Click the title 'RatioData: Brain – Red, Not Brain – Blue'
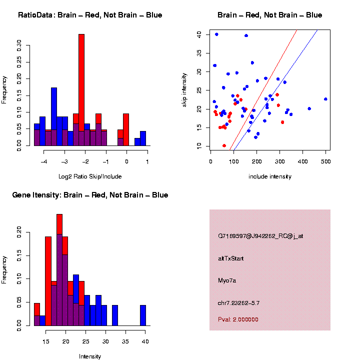pos(90,15)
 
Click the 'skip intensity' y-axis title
pos(184,89)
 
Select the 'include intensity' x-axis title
pos(270,176)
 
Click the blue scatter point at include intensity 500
pos(325,99)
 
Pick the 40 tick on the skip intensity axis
pos(199,34)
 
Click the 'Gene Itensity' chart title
pos(90,195)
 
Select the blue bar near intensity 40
pos(143,315)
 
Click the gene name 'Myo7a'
pos(227,280)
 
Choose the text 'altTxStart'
pos(231,258)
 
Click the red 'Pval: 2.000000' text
pos(238,319)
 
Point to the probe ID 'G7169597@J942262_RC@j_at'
pos(260,236)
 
